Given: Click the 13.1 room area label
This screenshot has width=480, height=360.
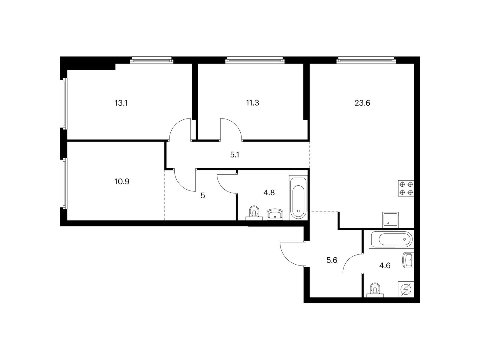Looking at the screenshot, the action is click(121, 103).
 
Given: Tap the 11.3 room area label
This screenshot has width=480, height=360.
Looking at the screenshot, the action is click(253, 103).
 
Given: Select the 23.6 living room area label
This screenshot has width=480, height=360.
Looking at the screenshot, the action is click(362, 103).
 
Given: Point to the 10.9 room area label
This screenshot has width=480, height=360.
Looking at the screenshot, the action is click(122, 181).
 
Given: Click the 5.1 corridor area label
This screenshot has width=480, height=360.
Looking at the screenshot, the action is click(235, 155).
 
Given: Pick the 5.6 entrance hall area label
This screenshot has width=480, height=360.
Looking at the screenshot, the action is click(332, 260).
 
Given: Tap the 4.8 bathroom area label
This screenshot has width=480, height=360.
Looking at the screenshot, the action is click(269, 193).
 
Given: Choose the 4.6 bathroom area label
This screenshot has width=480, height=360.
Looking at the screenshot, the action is click(385, 265).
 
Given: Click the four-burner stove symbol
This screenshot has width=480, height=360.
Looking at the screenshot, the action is click(406, 188).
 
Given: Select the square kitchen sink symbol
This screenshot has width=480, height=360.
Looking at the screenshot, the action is click(390, 220).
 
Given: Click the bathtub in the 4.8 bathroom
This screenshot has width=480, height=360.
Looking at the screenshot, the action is click(298, 198).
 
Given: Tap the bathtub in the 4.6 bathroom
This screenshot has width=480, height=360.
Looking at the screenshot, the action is click(391, 239).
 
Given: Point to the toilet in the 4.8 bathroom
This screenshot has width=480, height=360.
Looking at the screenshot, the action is click(254, 213).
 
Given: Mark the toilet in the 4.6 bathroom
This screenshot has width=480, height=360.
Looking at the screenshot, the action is click(375, 290).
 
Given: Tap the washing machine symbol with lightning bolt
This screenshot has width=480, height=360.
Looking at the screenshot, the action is click(406, 289).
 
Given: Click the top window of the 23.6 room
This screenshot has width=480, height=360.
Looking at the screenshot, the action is click(366, 60).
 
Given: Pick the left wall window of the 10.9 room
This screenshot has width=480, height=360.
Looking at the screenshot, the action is click(64, 184).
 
